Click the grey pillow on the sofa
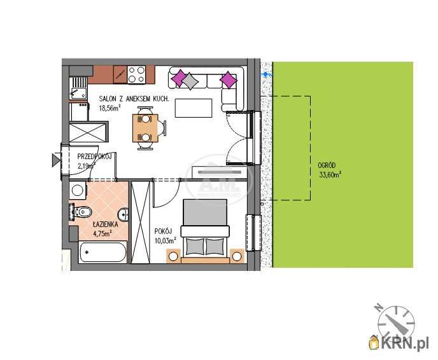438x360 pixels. pyautogui.click(x=190, y=81)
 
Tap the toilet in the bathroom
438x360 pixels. pyautogui.click(x=81, y=212)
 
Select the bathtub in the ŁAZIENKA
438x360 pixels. pyautogui.click(x=102, y=252)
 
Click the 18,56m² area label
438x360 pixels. pyautogui.click(x=110, y=108)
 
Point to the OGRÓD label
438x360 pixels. pyautogui.click(x=327, y=165)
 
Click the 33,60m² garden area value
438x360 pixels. pyautogui.click(x=330, y=175)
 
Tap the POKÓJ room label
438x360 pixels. pyautogui.click(x=163, y=232)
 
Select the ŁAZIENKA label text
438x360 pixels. pyautogui.click(x=105, y=225)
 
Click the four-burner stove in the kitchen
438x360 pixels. pyautogui.click(x=136, y=74)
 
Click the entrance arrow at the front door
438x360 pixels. pyautogui.click(x=56, y=160)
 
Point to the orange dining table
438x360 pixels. pyautogui.click(x=145, y=128)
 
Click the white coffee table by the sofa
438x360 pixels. pyautogui.click(x=194, y=108)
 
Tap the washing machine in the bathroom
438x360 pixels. pyautogui.click(x=78, y=190)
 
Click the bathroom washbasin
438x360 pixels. pyautogui.click(x=123, y=214)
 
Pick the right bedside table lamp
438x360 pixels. pyautogui.click(x=237, y=256)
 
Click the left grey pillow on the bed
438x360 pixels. pyautogui.click(x=195, y=246)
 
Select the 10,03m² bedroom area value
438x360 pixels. pyautogui.click(x=166, y=240)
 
